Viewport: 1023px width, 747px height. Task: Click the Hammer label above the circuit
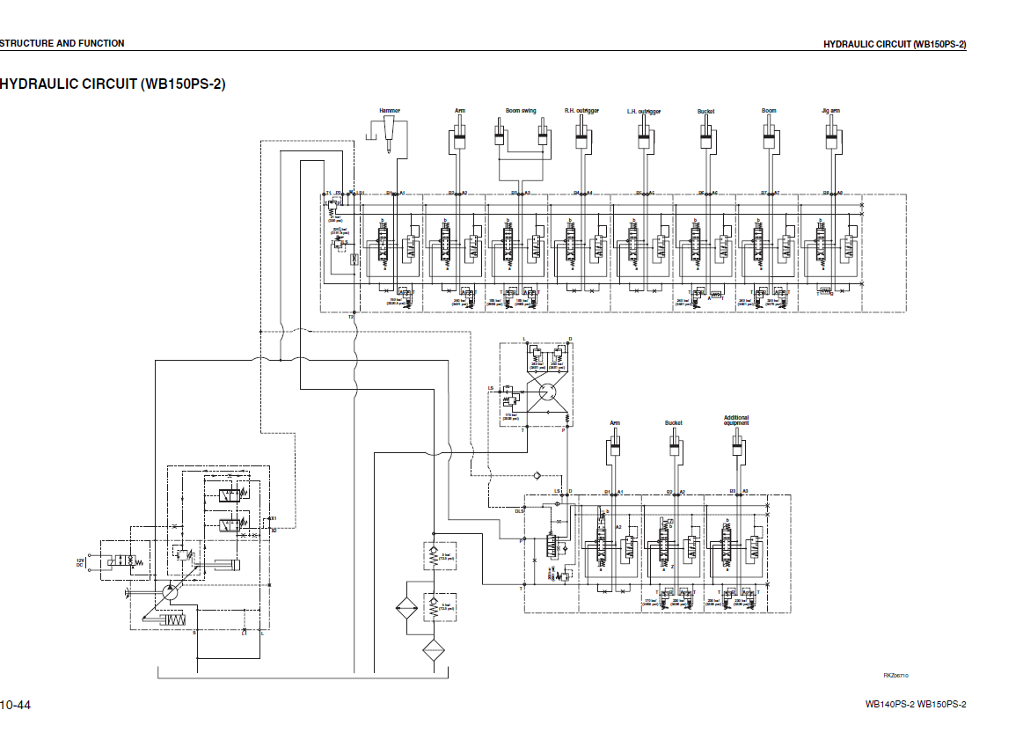point(390,111)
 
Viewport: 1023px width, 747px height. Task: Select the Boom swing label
point(521,111)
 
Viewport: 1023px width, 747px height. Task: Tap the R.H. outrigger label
point(581,111)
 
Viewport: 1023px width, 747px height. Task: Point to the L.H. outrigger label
point(644,112)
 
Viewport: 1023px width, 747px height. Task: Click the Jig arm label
point(830,111)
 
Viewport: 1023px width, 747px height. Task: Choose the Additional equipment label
point(736,421)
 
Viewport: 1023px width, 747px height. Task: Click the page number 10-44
point(16,705)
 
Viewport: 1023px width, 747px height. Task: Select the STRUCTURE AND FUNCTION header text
point(62,43)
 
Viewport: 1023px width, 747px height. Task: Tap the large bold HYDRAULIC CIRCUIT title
point(113,84)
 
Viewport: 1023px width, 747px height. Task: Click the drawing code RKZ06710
point(895,675)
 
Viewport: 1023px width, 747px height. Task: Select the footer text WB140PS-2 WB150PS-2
point(915,704)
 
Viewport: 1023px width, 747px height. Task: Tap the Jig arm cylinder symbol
point(830,135)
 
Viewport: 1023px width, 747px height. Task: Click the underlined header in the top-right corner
point(894,44)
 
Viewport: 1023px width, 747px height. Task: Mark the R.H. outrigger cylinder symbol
point(581,135)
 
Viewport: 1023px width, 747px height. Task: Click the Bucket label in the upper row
point(705,111)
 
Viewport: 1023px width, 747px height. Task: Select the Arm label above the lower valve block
point(615,423)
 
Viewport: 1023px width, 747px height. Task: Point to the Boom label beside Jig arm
point(769,111)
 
